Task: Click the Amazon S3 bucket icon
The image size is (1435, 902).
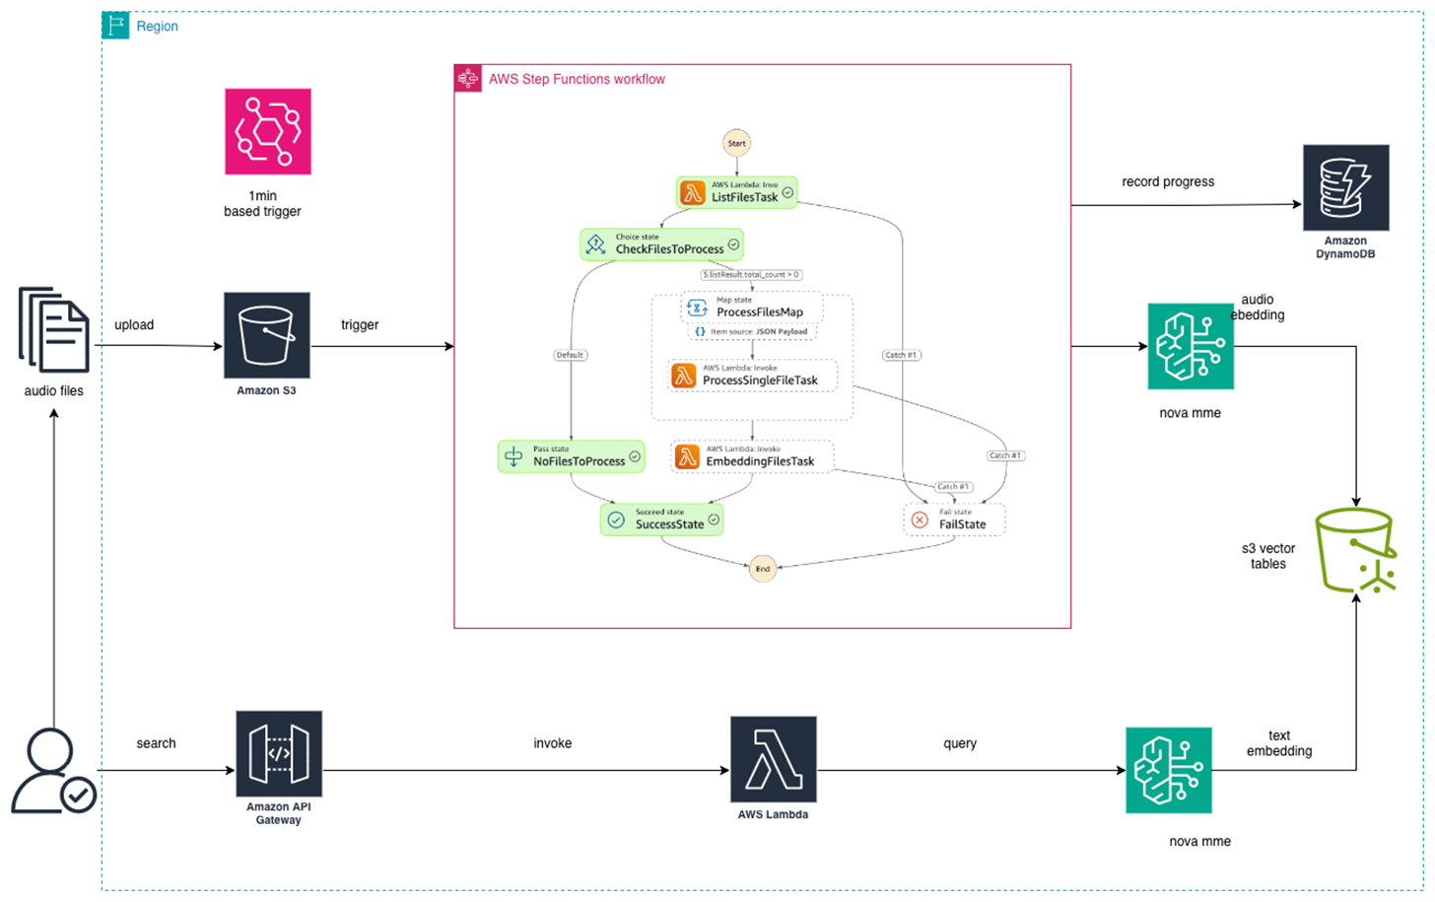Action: tap(266, 335)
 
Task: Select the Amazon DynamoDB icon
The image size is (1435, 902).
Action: tap(1345, 187)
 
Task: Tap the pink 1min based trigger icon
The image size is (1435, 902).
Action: tap(267, 131)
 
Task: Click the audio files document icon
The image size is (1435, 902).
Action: tap(54, 330)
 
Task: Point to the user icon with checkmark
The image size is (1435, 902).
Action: tap(53, 771)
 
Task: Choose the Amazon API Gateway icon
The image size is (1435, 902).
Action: tap(279, 753)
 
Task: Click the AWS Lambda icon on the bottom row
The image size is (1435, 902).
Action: tap(773, 759)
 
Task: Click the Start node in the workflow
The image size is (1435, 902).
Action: tap(736, 143)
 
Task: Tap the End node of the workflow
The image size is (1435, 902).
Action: tap(762, 569)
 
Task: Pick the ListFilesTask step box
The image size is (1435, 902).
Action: tap(736, 192)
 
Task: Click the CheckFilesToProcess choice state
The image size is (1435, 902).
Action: tap(661, 244)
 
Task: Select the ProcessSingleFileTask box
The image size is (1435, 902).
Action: tap(753, 376)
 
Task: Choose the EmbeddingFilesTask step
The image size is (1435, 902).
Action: tap(752, 456)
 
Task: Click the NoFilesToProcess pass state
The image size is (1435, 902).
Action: tap(572, 456)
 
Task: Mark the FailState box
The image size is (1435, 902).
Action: tap(953, 520)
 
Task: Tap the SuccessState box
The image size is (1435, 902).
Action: tap(661, 520)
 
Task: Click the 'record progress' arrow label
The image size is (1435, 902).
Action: tap(1168, 181)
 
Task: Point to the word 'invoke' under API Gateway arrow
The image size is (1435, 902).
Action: tap(552, 743)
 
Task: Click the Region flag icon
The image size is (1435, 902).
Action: tap(115, 26)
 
